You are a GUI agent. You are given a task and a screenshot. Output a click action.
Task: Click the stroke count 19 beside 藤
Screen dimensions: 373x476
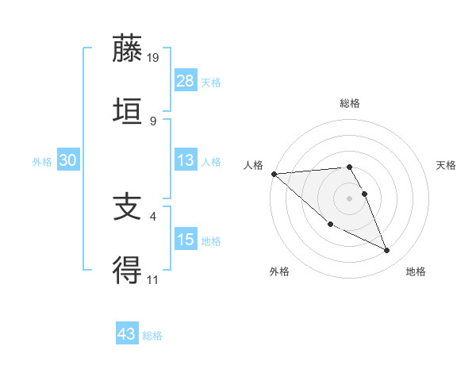click(154, 58)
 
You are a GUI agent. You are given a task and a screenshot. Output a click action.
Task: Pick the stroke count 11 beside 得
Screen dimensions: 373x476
click(154, 279)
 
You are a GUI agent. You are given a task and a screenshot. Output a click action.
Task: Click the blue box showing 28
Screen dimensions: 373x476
click(186, 80)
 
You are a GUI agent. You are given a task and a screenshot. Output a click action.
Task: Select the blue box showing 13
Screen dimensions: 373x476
click(186, 160)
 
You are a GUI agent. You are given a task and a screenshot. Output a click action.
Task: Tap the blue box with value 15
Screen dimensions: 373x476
click(186, 239)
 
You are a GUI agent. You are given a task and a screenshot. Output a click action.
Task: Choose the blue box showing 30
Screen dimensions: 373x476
click(67, 160)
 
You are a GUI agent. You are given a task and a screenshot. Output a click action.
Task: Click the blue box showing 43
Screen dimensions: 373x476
click(127, 334)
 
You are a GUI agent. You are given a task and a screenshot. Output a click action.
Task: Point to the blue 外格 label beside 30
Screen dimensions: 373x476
click(42, 161)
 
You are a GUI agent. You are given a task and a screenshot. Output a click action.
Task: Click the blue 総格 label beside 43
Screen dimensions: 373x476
click(152, 336)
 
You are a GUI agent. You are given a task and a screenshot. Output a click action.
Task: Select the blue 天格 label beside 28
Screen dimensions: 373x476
click(211, 82)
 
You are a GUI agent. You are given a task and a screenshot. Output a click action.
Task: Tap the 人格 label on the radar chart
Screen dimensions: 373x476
click(253, 164)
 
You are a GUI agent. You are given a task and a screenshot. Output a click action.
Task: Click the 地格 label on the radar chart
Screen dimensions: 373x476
click(416, 271)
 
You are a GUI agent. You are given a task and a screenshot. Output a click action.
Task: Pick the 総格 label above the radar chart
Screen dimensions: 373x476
click(349, 103)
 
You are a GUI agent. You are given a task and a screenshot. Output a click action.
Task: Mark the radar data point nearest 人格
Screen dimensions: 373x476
click(274, 173)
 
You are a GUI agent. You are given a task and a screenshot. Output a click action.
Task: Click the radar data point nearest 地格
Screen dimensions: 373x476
click(387, 251)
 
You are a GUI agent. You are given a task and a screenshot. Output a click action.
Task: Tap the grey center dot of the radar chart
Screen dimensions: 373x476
click(349, 198)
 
